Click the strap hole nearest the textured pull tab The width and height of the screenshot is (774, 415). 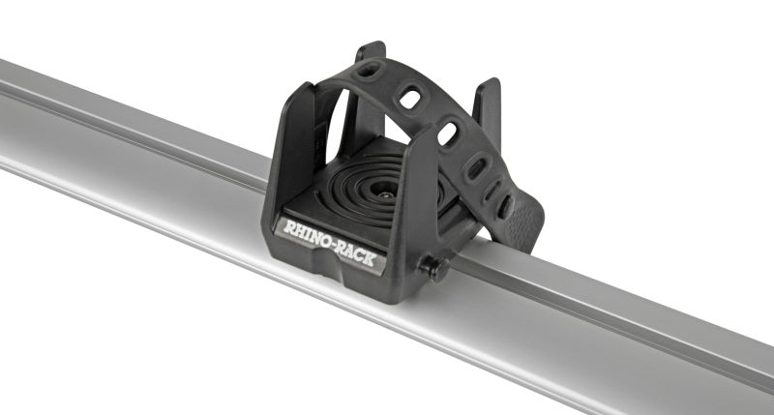click(x=504, y=205)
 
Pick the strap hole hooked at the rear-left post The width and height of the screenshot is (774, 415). click(x=369, y=70)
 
